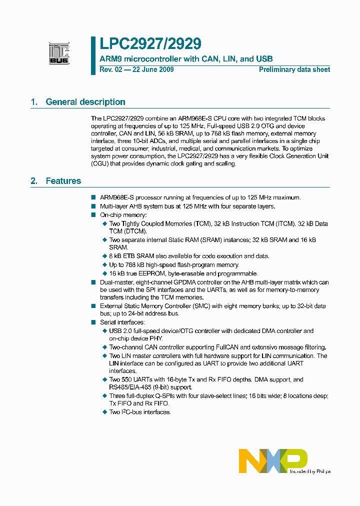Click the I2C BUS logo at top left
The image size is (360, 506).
coord(59,53)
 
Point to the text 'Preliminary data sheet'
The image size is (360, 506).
coord(294,70)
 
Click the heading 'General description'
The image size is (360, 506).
coord(85,102)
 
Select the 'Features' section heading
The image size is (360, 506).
coord(63,181)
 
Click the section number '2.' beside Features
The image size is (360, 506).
coord(34,181)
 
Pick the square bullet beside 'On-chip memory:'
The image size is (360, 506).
coord(93,215)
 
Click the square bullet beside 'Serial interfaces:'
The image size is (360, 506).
coord(93,322)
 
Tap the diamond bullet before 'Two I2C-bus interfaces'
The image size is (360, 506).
coord(104,412)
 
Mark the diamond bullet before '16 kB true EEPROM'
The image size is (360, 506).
coord(104,273)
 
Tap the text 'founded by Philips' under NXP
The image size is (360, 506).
coord(310,471)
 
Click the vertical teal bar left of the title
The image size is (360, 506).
coord(93,55)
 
